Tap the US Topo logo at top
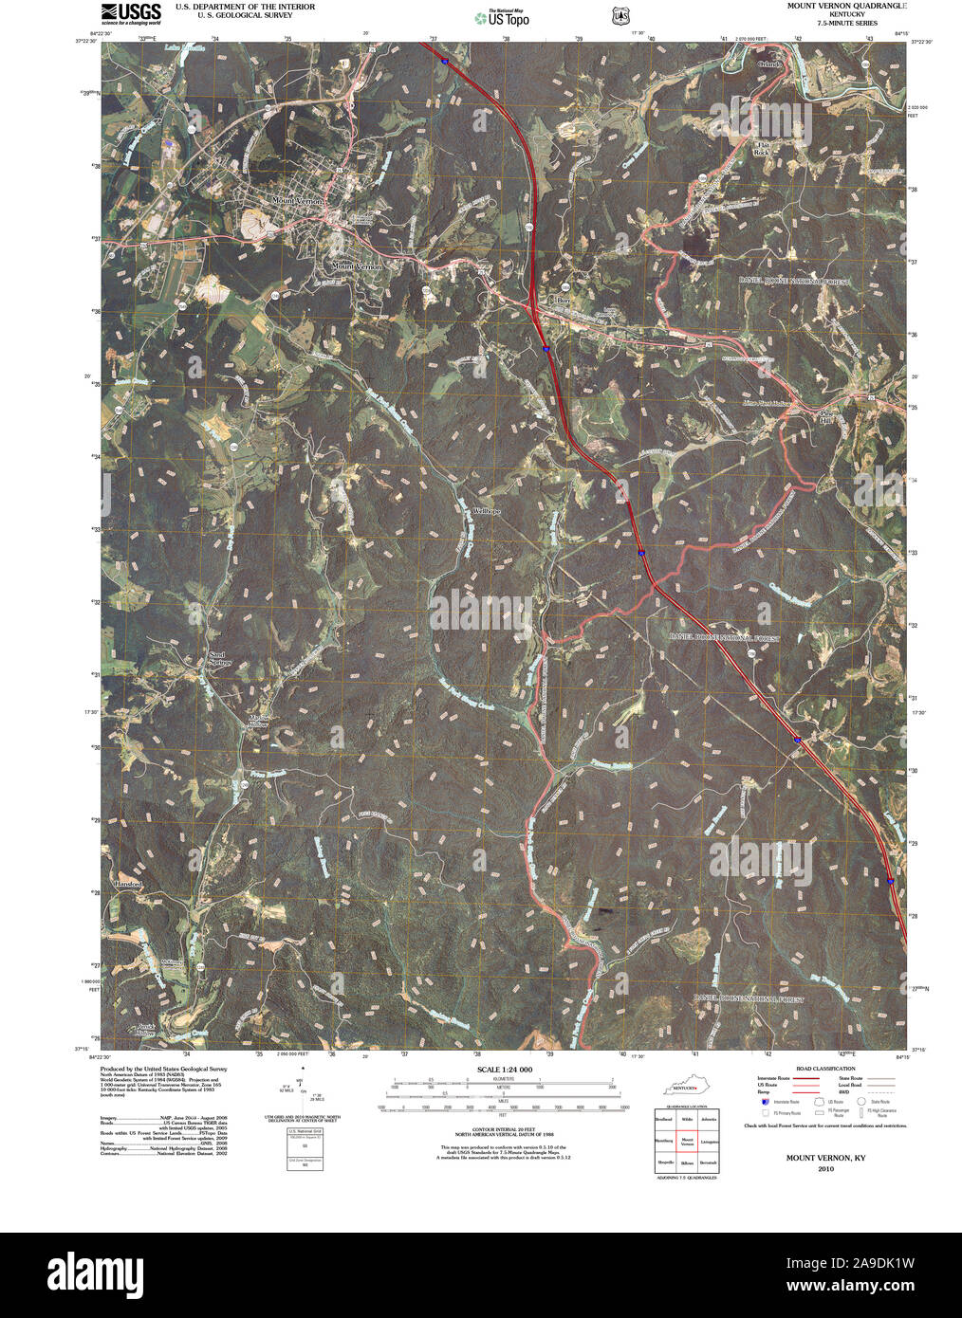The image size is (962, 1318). click(x=503, y=17)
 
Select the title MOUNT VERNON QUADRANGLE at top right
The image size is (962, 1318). click(x=846, y=6)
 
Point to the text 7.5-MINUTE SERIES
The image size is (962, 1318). click(x=845, y=23)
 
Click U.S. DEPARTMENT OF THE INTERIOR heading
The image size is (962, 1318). click(x=245, y=7)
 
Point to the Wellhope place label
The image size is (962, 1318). click(x=486, y=511)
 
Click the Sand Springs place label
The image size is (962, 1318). click(x=220, y=659)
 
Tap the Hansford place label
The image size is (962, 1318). click(x=128, y=884)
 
